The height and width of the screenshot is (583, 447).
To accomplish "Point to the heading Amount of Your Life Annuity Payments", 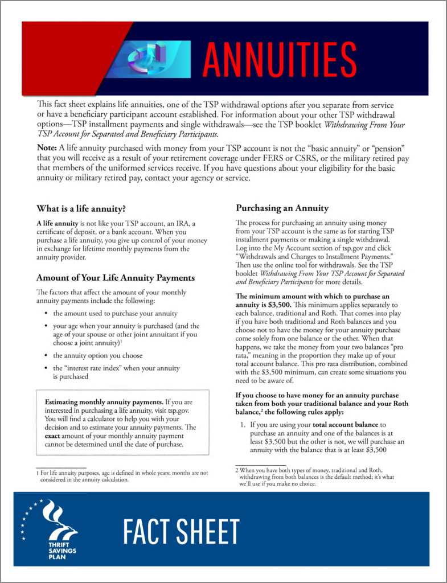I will click(116, 278).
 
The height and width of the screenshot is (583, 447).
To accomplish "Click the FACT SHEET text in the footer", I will click(181, 532).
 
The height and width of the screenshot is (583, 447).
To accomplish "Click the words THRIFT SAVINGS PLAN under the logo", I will click(61, 551).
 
